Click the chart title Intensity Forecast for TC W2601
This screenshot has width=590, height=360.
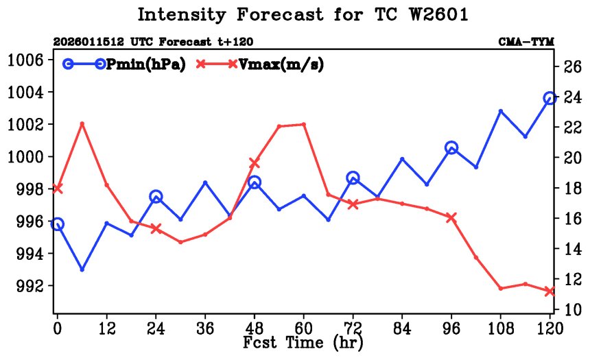tap(303, 14)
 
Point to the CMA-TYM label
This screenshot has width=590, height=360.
tap(526, 42)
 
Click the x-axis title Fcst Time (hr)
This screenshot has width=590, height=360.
tap(303, 341)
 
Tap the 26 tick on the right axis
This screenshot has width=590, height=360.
tap(572, 67)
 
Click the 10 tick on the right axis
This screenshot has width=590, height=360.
tap(572, 310)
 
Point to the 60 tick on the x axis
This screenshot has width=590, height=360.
tap(303, 328)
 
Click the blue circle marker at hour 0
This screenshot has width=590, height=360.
tap(57, 224)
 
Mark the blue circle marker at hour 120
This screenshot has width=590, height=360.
tap(550, 99)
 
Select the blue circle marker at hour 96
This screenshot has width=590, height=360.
tap(451, 147)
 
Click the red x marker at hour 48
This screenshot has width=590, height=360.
tap(254, 163)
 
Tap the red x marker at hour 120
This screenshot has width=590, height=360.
tap(550, 291)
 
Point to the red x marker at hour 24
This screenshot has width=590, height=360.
tap(156, 228)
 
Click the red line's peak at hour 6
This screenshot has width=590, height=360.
tap(82, 123)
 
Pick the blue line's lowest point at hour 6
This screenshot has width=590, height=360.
tap(82, 269)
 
